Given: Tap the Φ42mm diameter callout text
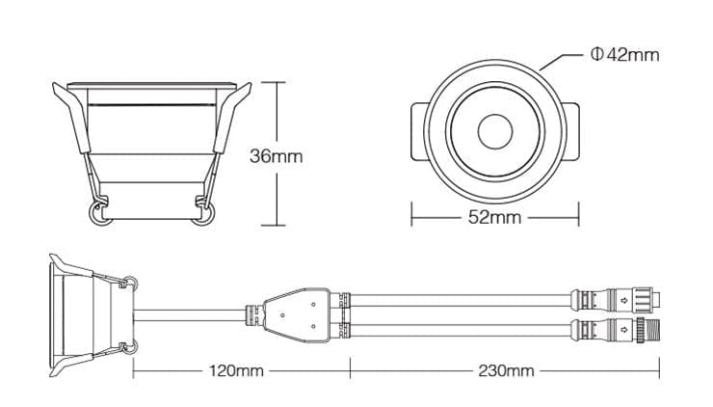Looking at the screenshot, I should tap(625, 55).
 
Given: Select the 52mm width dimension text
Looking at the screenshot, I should tap(494, 217).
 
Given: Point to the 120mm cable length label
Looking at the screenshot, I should tap(235, 370).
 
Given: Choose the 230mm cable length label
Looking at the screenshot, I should tap(506, 370).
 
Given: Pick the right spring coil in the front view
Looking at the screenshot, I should tap(202, 213).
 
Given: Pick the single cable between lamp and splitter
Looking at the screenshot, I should tap(193, 311).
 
